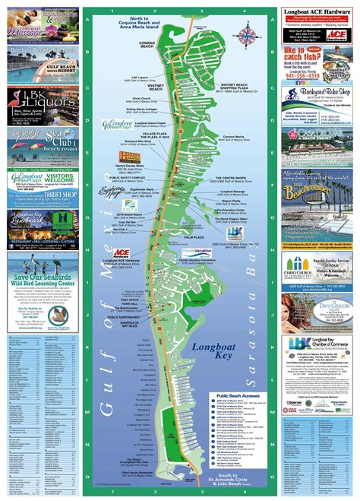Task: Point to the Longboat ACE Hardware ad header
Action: coord(318,11)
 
